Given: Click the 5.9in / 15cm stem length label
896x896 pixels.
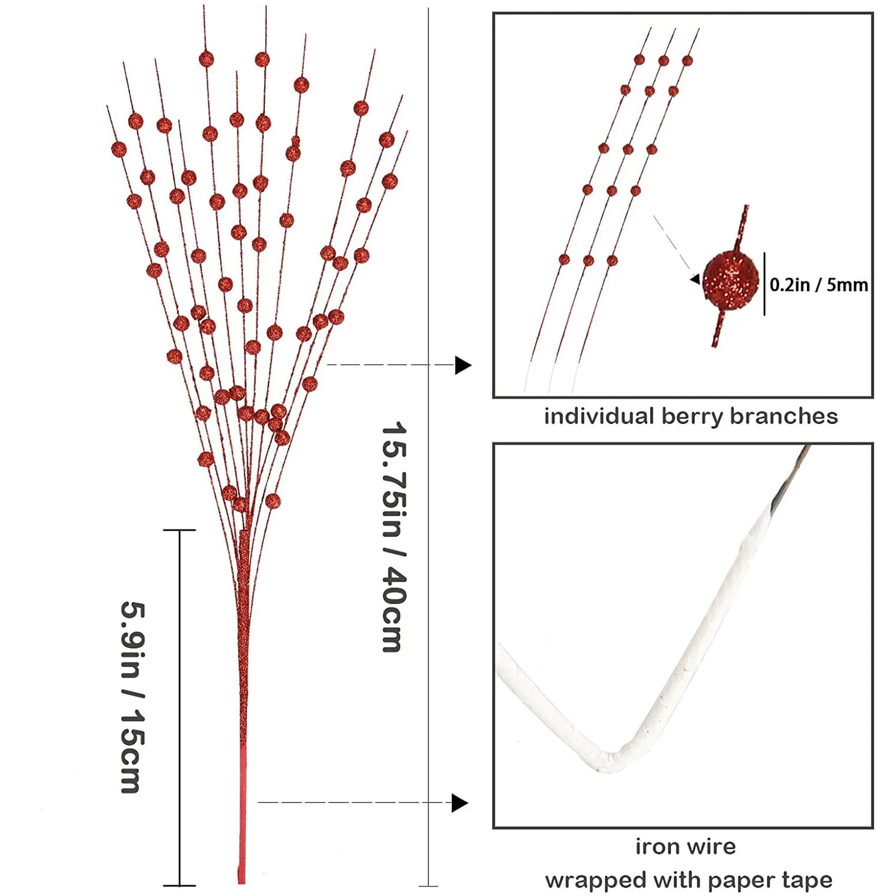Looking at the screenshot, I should [x=133, y=697].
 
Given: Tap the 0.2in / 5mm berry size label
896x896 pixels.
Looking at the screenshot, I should [x=818, y=284].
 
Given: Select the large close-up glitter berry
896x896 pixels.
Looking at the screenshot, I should [x=730, y=279].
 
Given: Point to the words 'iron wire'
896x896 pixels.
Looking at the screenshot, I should [x=685, y=846].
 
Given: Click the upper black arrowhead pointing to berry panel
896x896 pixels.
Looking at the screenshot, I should [x=463, y=365].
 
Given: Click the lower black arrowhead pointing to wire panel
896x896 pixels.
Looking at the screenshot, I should [x=459, y=803].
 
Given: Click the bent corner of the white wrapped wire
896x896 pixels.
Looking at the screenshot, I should [x=610, y=760].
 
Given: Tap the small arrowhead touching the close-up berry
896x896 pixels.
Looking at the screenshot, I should [x=696, y=279].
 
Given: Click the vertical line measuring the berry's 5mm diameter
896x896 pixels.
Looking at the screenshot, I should [x=764, y=283].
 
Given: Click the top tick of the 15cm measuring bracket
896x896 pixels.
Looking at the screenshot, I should [x=179, y=530].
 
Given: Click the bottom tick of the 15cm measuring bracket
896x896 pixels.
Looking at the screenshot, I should [x=179, y=885].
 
